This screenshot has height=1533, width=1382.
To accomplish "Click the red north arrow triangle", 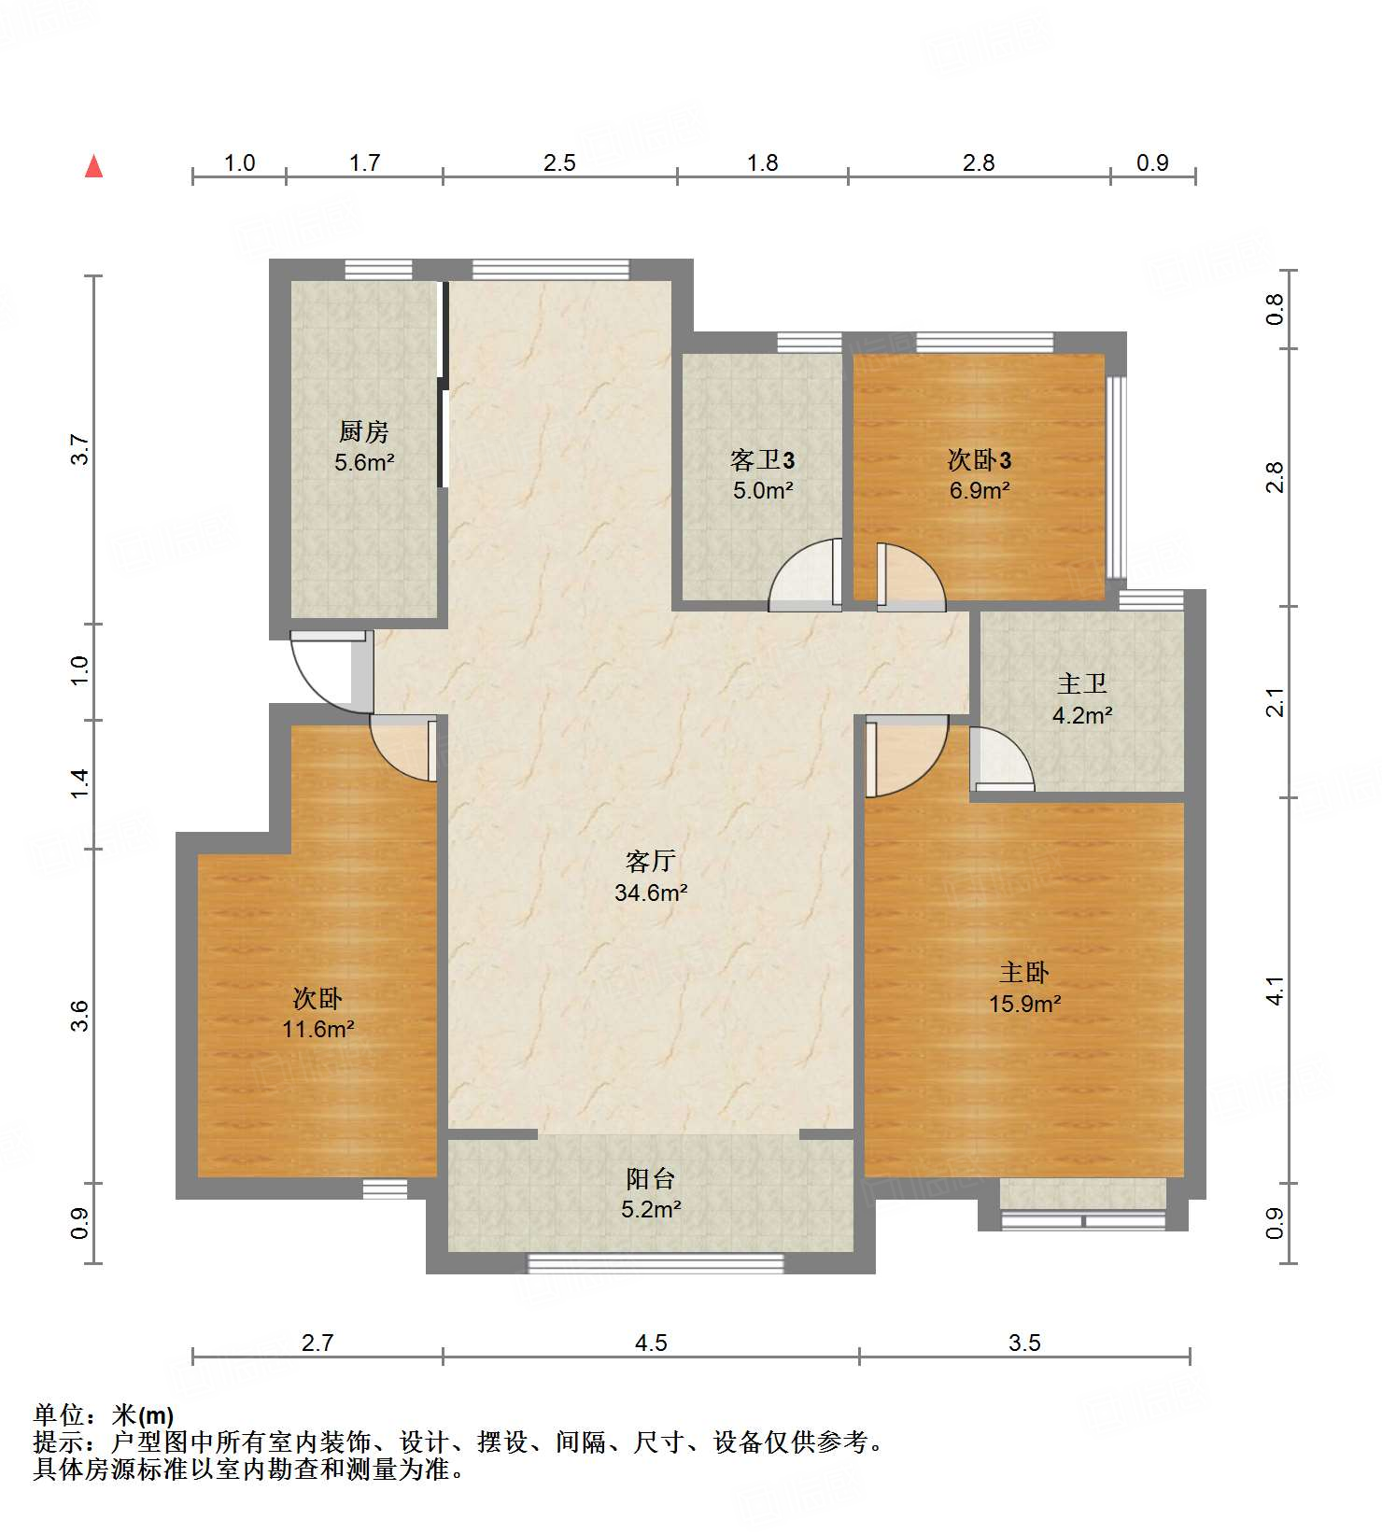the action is pos(93,166).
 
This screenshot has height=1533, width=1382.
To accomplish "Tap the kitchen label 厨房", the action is pos(364,431).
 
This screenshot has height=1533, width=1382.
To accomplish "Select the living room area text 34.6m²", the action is pos(651,893).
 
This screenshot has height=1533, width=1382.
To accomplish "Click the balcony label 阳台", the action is pos(651,1178).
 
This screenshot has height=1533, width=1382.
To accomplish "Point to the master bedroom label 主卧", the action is pos(1024,973).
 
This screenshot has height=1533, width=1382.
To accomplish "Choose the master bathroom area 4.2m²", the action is pos(1082,715).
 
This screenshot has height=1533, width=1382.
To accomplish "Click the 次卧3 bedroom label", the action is pos(980,459).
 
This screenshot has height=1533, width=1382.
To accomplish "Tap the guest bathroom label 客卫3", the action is pos(763,459).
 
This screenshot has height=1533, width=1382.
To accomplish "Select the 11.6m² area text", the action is pos(318,1029).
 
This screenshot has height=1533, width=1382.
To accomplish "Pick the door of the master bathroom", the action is pos(1001,759).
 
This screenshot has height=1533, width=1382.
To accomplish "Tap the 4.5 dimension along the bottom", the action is pos(651,1343).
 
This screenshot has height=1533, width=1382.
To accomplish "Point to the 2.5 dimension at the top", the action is pos(559,162).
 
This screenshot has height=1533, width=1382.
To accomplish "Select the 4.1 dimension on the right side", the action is pos(1276,991).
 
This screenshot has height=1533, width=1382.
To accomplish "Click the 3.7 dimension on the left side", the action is pos(81,450).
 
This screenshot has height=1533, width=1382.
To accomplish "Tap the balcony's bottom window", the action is pos(656,1263).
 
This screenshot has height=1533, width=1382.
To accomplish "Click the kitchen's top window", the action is pos(379,269).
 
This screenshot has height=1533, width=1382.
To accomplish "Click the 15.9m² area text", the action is pos(1024,1004).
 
